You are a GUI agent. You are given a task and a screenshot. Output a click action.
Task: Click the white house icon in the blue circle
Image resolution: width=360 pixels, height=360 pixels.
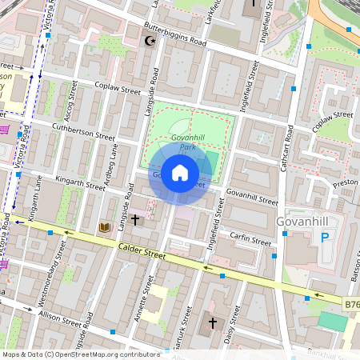tap(180, 172)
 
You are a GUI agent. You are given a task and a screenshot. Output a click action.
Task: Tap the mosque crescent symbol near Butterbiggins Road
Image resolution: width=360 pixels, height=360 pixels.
tap(148, 40)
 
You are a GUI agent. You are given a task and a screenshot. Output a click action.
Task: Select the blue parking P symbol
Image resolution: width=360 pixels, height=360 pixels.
tap(325, 237)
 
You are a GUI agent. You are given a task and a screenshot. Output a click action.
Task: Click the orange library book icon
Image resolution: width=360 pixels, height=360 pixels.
tap(104, 228)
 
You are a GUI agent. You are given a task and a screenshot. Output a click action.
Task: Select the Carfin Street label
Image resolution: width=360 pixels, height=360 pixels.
tap(250, 239)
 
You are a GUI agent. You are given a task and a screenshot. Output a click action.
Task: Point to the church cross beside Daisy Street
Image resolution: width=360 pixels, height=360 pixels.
tap(212, 322)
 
